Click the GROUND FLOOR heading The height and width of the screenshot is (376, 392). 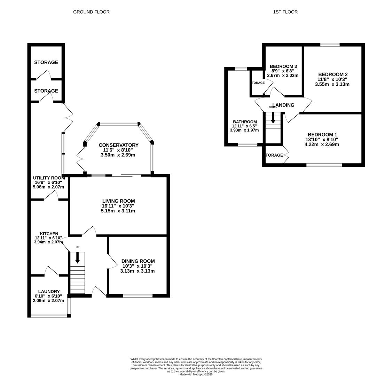pos(91,12)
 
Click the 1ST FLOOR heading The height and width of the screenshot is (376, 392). pos(285,12)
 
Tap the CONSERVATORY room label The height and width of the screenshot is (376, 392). pos(118,145)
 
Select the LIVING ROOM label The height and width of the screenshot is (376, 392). pos(118,201)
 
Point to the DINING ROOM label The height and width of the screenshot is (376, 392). pos(138,261)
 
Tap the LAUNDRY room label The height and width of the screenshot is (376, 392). pos(49,291)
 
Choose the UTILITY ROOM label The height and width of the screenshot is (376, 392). pos(49,178)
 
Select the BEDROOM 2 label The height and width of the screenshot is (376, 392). pos(333,74)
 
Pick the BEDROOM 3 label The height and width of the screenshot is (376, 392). pos(283,66)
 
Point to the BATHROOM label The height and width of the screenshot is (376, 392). pos(244,122)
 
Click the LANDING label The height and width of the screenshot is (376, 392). pos(283,105)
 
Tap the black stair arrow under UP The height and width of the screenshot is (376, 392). pos(78,258)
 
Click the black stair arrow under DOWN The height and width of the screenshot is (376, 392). pos(273,118)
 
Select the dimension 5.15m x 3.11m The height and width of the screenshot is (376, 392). pos(118,211)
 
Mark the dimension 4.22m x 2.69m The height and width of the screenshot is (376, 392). pos(322,144)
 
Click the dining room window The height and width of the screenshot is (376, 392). pos(138,296)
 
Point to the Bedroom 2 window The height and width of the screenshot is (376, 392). pos(330,45)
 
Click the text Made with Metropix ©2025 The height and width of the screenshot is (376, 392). pos(196,375)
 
